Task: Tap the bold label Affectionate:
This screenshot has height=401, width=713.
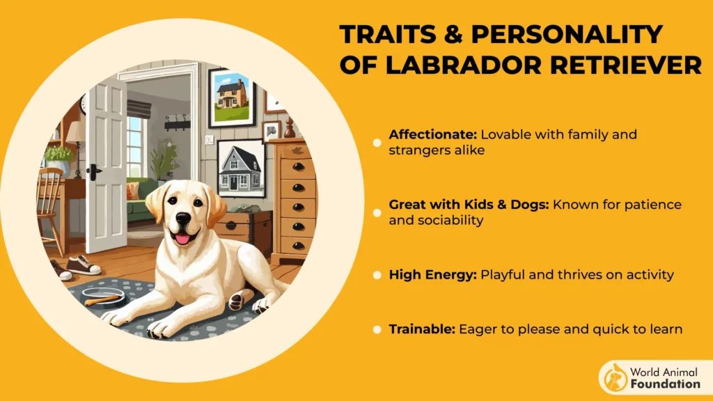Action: pos(432,134)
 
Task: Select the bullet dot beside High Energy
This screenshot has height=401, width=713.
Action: pos(377,275)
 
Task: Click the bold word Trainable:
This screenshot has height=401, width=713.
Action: pos(421,329)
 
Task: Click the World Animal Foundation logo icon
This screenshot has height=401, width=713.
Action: pos(615,377)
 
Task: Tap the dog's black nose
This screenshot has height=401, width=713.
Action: pos(183,219)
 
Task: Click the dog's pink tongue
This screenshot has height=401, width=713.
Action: pos(183,239)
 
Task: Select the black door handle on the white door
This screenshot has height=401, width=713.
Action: pos(94,171)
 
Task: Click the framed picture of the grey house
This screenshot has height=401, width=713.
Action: pos(240,168)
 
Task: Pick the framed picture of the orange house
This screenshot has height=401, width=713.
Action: pos(232,98)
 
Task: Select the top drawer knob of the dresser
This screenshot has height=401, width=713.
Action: pos(298,167)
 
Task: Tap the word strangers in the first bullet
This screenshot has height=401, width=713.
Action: pos(414,150)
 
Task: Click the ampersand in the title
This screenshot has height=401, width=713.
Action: pos(453,34)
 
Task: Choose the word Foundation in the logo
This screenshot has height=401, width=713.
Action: pos(665,384)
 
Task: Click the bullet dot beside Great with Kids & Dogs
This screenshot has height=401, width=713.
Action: pos(377,212)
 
